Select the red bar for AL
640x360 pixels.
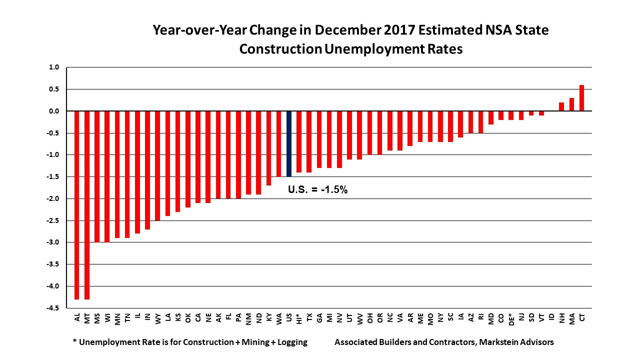tap(77, 205)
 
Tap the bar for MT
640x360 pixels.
tap(87, 205)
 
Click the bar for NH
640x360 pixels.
tap(561, 106)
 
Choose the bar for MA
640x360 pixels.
tap(571, 104)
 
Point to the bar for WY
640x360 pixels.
tap(157, 165)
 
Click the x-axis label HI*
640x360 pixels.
tap(299, 318)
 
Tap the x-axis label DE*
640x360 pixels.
tap(511, 318)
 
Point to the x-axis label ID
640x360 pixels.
tap(551, 317)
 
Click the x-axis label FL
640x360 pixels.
tap(228, 317)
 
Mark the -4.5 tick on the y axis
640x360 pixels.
tap(52, 308)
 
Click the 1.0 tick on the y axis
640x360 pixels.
tap(54, 67)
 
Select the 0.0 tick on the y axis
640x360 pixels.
tap(54, 111)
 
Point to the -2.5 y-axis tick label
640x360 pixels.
tap(52, 220)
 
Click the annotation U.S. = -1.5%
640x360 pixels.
tap(317, 190)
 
